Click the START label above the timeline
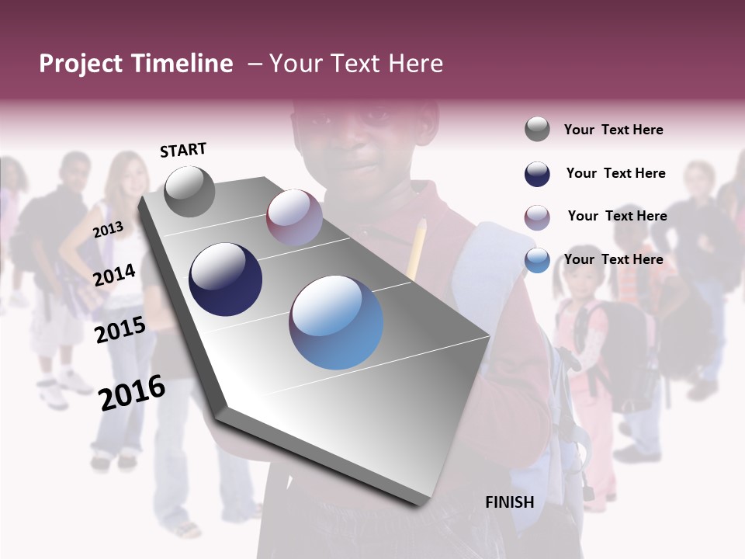[183, 150]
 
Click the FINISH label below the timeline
[510, 502]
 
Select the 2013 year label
[108, 229]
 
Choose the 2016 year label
[132, 392]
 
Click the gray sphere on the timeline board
[189, 191]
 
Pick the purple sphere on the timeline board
[294, 217]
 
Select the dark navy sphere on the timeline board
[225, 279]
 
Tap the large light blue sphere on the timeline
[336, 322]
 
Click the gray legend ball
[537, 130]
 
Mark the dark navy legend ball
[537, 174]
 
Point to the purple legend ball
[537, 217]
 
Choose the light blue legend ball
[537, 261]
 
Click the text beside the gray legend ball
[613, 130]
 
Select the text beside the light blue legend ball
[613, 259]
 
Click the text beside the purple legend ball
[617, 216]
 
